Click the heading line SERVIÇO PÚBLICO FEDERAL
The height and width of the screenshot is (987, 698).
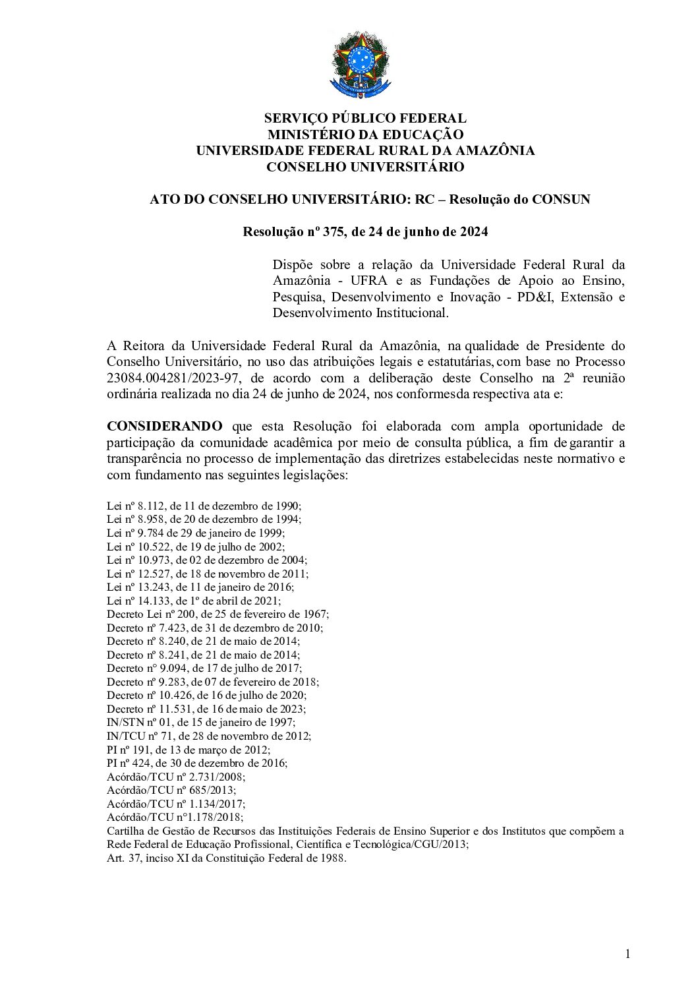pyautogui.click(x=364, y=119)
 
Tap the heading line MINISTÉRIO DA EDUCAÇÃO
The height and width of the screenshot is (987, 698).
pyautogui.click(x=364, y=135)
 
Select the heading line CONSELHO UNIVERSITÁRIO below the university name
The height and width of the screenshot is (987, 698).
pyautogui.click(x=364, y=167)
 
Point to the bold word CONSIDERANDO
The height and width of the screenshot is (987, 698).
pyautogui.click(x=165, y=426)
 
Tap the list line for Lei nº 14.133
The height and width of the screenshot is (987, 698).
pyautogui.click(x=194, y=601)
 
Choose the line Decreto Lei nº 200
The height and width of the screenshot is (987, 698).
pyautogui.click(x=218, y=614)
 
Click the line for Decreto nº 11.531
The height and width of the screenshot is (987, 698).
pyautogui.click(x=206, y=709)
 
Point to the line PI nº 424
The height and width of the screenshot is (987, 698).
pyautogui.click(x=197, y=763)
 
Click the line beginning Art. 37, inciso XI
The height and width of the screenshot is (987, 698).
pyautogui.click(x=226, y=858)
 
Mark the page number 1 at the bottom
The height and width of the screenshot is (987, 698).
pyautogui.click(x=627, y=953)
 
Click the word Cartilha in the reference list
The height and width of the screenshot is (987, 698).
pyautogui.click(x=124, y=831)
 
